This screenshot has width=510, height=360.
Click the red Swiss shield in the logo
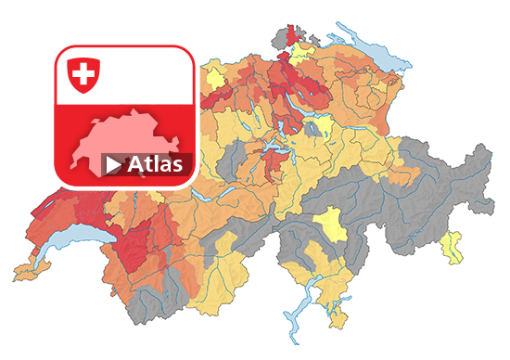click(x=83, y=74)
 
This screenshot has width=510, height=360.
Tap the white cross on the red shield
click(x=83, y=72)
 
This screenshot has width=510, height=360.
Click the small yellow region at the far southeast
click(x=453, y=246)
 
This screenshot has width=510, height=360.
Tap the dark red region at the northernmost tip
click(x=295, y=35)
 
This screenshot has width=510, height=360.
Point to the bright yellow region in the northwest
click(x=214, y=73)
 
